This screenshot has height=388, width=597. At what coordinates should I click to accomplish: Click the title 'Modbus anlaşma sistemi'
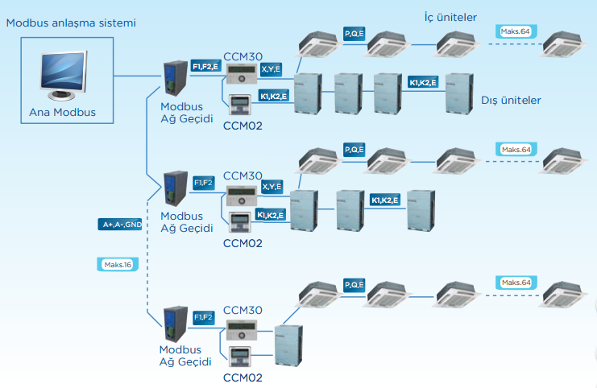pyautogui.click(x=70, y=23)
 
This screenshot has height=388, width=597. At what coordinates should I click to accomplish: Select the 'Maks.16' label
pyautogui.click(x=114, y=264)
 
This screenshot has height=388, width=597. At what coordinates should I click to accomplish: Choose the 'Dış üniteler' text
pyautogui.click(x=511, y=100)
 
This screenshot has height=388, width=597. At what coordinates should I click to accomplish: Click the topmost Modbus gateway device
pyautogui.click(x=174, y=80)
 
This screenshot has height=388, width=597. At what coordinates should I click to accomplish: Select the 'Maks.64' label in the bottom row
pyautogui.click(x=516, y=283)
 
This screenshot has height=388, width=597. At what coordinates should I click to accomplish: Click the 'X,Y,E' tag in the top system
pyautogui.click(x=272, y=70)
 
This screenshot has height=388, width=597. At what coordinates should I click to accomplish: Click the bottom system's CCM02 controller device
pyautogui.click(x=241, y=357)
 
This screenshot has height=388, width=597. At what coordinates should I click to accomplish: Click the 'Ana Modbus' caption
pyautogui.click(x=62, y=112)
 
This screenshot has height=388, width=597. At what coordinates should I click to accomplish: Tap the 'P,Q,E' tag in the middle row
pyautogui.click(x=354, y=150)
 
